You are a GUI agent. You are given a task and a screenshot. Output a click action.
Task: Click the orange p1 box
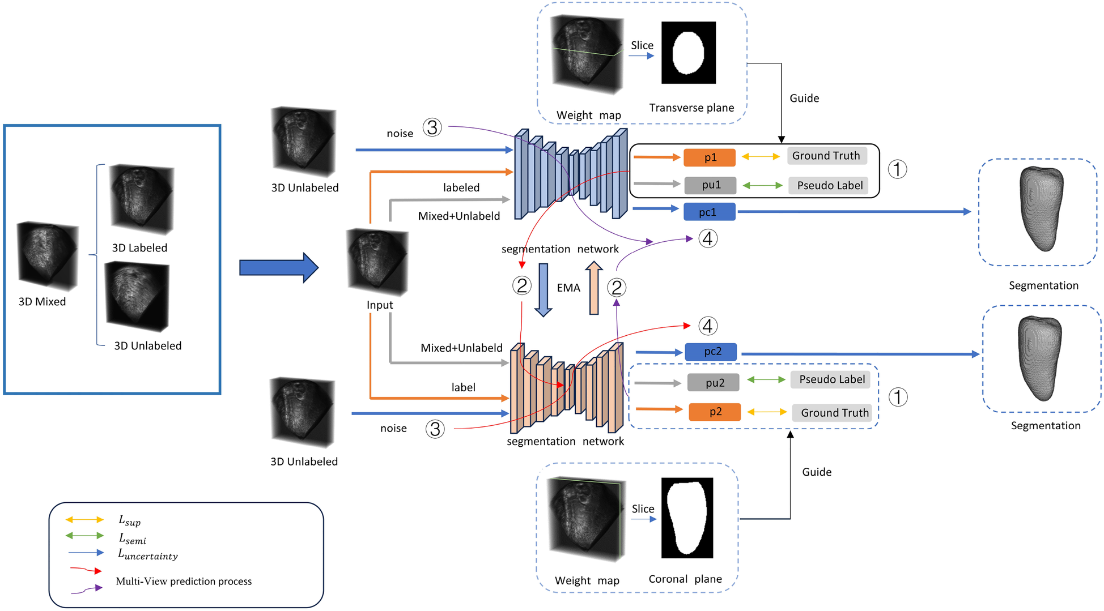[x=710, y=157]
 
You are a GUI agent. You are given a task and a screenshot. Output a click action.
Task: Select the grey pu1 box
[x=710, y=185]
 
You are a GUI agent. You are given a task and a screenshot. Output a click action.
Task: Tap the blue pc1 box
[x=709, y=212]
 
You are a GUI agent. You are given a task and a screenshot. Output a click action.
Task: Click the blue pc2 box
[x=711, y=352]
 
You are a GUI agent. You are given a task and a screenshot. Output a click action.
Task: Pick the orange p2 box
[x=715, y=412]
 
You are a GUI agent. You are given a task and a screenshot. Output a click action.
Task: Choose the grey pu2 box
[x=714, y=383]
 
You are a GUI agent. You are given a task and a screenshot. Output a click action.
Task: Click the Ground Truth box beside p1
[x=827, y=156]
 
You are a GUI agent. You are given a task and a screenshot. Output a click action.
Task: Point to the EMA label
[x=568, y=288]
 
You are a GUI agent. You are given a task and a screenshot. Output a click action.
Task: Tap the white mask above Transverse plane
[x=689, y=53]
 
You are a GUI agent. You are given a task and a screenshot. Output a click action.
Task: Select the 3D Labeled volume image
[x=141, y=199]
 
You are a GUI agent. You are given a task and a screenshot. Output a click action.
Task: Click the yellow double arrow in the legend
[x=84, y=519]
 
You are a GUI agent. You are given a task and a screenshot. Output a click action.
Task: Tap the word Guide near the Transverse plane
[x=804, y=99]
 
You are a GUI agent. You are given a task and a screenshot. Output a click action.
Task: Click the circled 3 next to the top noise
[x=432, y=127]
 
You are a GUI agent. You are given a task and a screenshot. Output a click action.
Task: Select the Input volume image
[x=377, y=262]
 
